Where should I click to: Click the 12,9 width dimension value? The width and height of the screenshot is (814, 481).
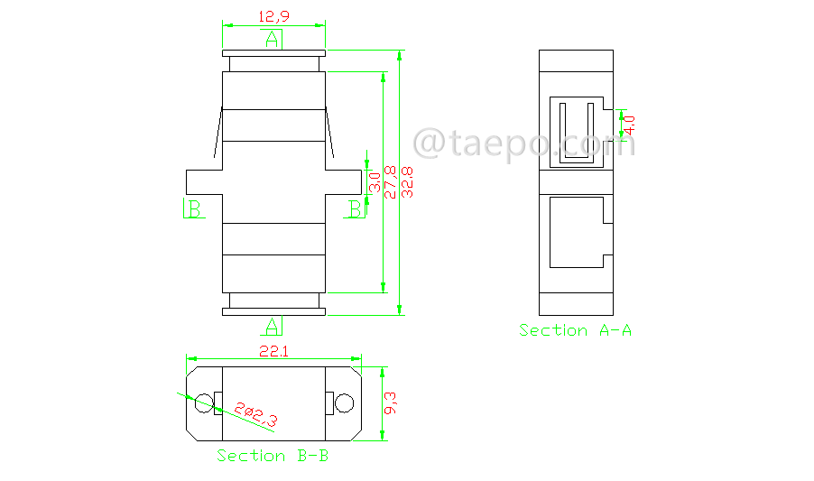[x=273, y=16]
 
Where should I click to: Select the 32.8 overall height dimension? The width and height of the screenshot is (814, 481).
[x=408, y=182]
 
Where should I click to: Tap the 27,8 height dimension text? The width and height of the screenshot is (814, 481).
[x=391, y=182]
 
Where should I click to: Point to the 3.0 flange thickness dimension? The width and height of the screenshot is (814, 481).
[x=375, y=182]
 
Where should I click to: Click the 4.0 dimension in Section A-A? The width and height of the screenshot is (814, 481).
[x=629, y=125]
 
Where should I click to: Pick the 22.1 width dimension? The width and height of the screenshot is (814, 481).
[x=273, y=352]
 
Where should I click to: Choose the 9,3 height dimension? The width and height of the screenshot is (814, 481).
[x=390, y=403]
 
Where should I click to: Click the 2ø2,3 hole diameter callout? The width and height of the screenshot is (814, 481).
[x=256, y=414]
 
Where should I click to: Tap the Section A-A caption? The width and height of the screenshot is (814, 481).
[x=575, y=330]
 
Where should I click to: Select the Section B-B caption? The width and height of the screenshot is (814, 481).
[x=273, y=456]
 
